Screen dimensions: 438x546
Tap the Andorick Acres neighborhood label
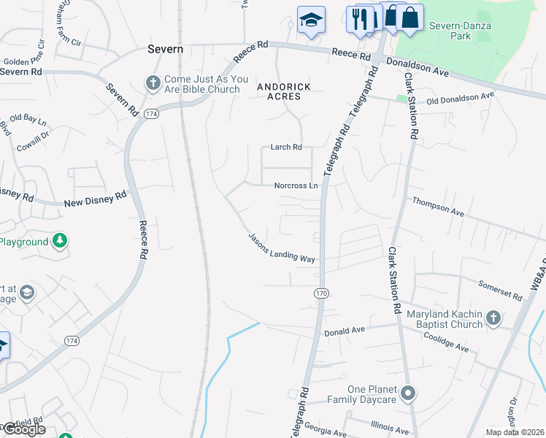pyautogui.click(x=284, y=92)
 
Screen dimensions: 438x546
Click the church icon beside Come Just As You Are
pyautogui.click(x=153, y=82)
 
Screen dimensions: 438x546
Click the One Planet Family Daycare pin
pyautogui.click(x=408, y=394)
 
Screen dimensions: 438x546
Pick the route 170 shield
pyautogui.click(x=321, y=293)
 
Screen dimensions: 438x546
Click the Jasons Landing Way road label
pyautogui.click(x=282, y=248)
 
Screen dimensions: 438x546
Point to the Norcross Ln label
pyautogui.click(x=296, y=185)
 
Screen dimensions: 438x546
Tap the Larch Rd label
pyautogui.click(x=287, y=147)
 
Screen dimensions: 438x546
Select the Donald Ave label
pyautogui.click(x=344, y=331)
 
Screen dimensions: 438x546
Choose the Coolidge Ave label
pyautogui.click(x=447, y=342)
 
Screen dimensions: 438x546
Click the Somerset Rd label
pyautogui.click(x=501, y=291)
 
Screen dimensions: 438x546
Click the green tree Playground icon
pyautogui.click(x=60, y=240)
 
